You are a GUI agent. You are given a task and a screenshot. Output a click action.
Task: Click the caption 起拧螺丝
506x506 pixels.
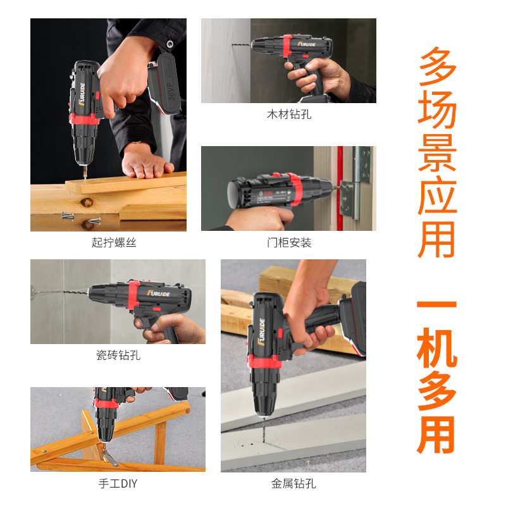(x=114, y=242)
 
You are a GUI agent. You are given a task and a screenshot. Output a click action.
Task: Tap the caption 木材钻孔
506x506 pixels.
(x=288, y=114)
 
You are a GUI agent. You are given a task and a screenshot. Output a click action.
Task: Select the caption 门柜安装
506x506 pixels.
(x=288, y=242)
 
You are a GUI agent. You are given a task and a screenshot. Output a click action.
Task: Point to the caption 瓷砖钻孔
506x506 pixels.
(x=118, y=355)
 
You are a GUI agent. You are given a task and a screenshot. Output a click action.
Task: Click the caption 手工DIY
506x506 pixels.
(x=118, y=484)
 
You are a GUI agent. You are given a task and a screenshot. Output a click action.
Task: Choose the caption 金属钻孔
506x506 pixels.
(x=293, y=484)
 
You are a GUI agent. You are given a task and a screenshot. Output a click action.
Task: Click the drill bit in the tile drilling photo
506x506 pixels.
(x=60, y=293)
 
